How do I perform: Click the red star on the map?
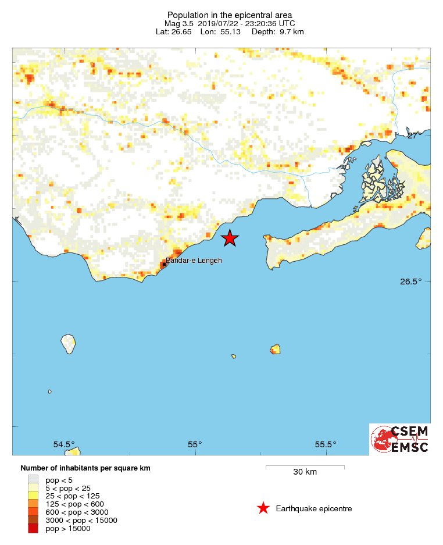point(230,238)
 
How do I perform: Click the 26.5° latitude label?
point(410,282)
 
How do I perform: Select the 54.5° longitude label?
point(64,444)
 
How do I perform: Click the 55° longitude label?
point(195,444)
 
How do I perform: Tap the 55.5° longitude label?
point(326,444)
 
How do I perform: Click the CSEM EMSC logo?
point(400,439)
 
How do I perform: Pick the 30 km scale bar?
point(305,466)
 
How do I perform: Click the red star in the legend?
point(263,508)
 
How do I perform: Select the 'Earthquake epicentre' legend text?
point(314,509)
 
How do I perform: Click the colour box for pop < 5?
point(33,480)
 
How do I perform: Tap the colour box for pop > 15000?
point(33,528)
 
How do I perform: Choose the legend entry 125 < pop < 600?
point(74,504)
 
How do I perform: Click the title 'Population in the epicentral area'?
point(230,15)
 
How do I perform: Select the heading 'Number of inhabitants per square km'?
point(85,468)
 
